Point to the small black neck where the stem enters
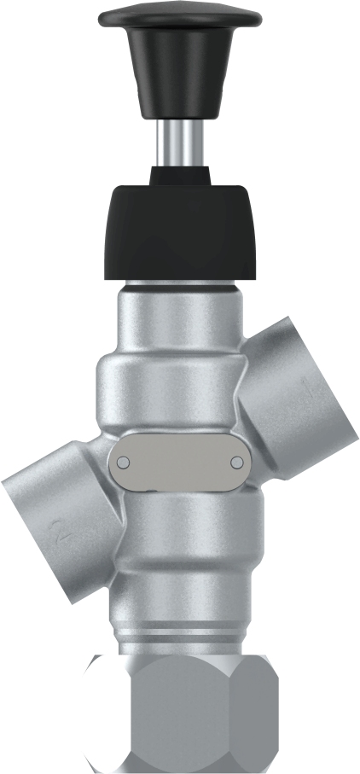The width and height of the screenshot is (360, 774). tap(180, 175)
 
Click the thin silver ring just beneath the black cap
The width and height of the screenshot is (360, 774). tap(180, 285)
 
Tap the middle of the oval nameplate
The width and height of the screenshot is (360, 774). tap(180, 462)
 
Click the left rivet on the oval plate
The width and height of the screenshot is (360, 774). tap(123, 462)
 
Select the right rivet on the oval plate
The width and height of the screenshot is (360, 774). tap(238, 462)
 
